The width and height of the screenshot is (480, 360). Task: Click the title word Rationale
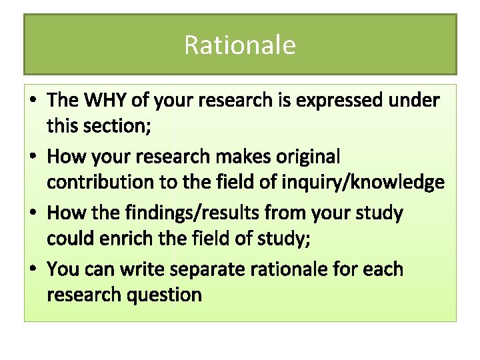239,45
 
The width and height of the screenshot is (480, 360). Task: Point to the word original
305,157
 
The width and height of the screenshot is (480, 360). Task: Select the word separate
210,270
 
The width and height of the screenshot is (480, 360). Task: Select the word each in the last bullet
383,270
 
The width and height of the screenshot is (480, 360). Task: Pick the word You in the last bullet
63,270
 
